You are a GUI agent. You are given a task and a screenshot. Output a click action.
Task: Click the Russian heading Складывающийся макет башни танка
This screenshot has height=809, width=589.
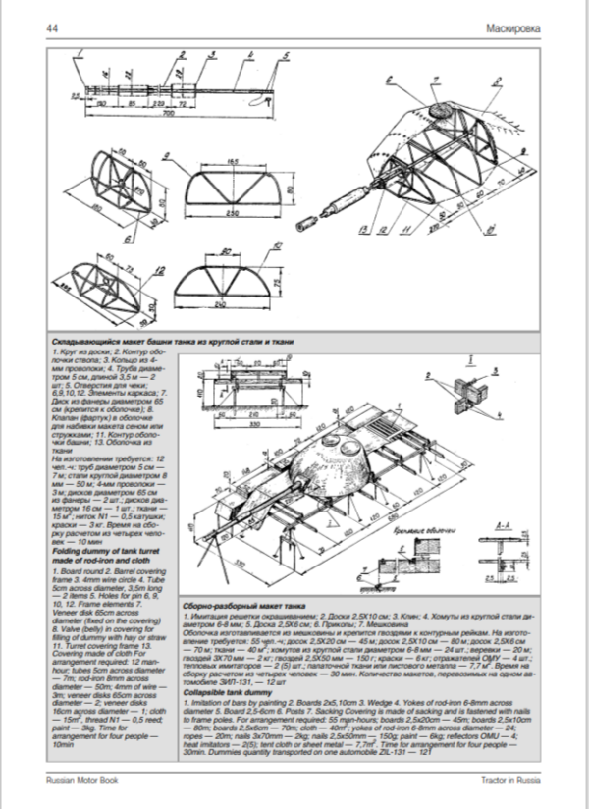tap(172, 340)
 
